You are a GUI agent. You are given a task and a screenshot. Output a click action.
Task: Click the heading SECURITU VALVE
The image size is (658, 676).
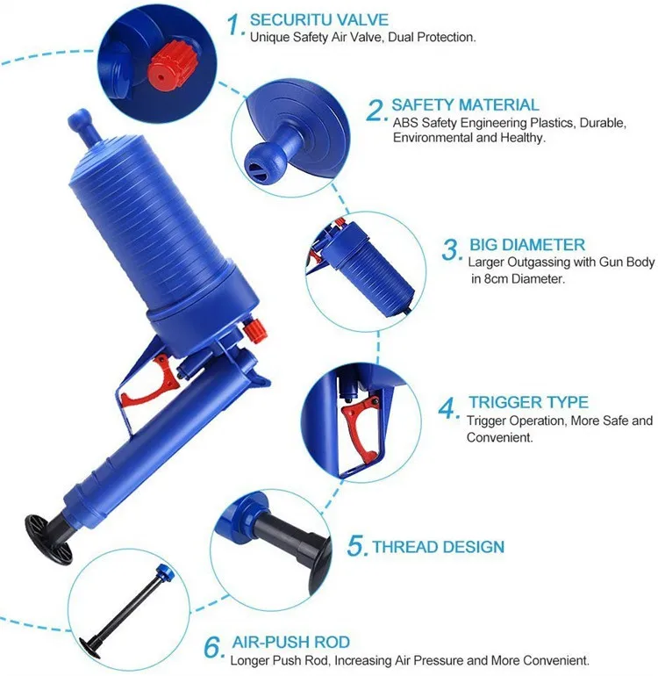[318, 19]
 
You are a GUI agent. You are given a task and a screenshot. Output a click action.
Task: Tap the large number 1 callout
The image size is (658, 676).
[233, 25]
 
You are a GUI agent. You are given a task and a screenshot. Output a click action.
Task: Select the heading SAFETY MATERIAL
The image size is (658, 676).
[465, 105]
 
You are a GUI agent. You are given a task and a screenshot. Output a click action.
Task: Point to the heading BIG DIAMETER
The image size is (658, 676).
[526, 245]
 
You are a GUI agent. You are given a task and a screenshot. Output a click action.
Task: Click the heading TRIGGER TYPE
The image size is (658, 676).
[527, 402]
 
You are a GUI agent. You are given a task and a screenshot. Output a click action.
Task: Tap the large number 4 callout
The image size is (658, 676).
[448, 408]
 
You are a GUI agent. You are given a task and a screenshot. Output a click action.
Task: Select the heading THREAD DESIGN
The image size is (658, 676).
[439, 547]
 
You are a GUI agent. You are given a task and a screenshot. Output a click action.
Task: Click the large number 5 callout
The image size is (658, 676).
[356, 547]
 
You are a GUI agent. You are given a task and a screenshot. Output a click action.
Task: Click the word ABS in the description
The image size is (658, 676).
[404, 123]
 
